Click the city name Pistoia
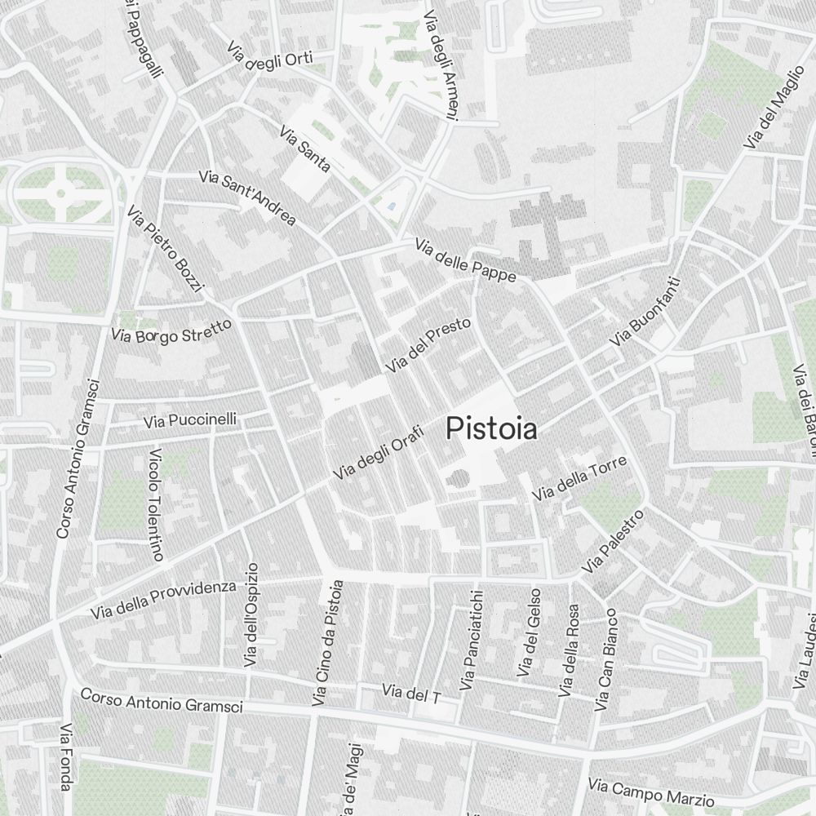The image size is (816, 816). click(x=492, y=428)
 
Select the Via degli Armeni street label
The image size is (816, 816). click(x=440, y=66)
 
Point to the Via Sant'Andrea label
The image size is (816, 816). click(x=247, y=197)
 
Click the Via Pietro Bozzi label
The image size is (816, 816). click(x=165, y=249)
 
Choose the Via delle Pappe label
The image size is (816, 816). click(x=465, y=260)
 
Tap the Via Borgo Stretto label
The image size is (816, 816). click(x=172, y=330)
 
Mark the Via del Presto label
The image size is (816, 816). click(x=428, y=346)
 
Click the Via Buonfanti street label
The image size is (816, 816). click(x=645, y=310)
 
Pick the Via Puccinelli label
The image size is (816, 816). click(x=190, y=420)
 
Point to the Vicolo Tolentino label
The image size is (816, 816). click(x=156, y=504)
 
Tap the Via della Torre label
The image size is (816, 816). click(x=579, y=478)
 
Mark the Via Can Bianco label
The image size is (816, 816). click(x=608, y=659)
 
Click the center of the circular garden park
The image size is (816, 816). click(x=60, y=194)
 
